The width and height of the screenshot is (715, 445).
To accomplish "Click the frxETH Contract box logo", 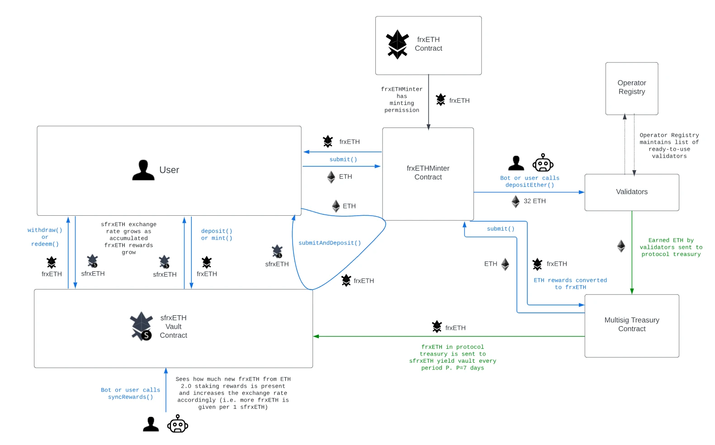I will click(x=398, y=44).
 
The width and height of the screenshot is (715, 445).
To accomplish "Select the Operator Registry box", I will click(x=631, y=88).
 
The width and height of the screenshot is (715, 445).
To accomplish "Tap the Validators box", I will click(x=631, y=192).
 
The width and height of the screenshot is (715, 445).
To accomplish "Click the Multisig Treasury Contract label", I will click(x=631, y=325).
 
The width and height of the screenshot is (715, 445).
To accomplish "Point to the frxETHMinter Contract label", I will click(x=428, y=173).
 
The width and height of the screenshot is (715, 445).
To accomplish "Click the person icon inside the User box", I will click(x=143, y=170).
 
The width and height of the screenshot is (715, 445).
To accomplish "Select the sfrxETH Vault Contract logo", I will click(x=141, y=326).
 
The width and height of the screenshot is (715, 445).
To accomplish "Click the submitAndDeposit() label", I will click(x=330, y=243).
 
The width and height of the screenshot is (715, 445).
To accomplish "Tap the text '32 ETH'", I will click(x=535, y=201).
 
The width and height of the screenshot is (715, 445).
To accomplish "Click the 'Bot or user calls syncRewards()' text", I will click(x=130, y=393).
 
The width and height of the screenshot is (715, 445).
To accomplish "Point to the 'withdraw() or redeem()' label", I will click(x=45, y=237).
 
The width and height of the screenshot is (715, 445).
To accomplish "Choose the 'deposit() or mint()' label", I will click(x=217, y=235).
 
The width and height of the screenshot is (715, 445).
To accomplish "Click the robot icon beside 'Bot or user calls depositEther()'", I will click(x=543, y=163).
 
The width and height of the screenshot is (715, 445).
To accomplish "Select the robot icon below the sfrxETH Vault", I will click(x=178, y=424).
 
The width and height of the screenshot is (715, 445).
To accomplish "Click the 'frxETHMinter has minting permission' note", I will click(x=402, y=100).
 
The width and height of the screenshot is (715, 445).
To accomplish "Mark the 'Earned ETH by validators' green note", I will click(x=671, y=247).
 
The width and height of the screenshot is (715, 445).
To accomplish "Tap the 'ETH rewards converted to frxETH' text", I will click(x=570, y=284).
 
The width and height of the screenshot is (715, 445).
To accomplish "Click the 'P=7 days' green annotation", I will click(x=453, y=358).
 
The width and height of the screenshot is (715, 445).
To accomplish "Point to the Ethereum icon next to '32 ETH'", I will click(x=515, y=201).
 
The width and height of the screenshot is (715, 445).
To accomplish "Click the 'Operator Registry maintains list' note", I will click(x=669, y=146).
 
